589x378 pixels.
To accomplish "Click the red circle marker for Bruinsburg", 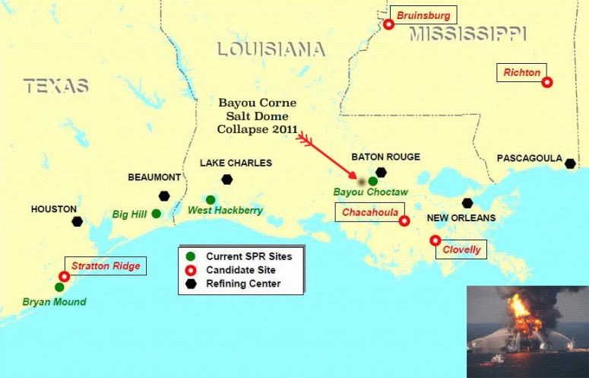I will pyautogui.click(x=388, y=24).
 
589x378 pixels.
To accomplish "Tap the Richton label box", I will pyautogui.click(x=521, y=73).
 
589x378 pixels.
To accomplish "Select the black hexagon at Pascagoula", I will pyautogui.click(x=570, y=164).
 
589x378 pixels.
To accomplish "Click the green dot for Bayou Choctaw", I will pyautogui.click(x=372, y=181).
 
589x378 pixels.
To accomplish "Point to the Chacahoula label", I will pyautogui.click(x=370, y=212).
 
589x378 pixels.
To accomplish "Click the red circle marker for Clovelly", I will pyautogui.click(x=435, y=240).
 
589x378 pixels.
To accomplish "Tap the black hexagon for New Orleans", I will pyautogui.click(x=467, y=203).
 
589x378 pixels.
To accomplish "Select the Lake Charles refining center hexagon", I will pyautogui.click(x=226, y=179).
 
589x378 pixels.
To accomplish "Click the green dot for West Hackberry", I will pyautogui.click(x=211, y=200).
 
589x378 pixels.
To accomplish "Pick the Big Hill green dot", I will pyautogui.click(x=156, y=214).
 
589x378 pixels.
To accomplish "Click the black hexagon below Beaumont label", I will pyautogui.click(x=164, y=195).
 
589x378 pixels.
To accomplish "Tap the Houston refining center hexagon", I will pyautogui.click(x=77, y=221).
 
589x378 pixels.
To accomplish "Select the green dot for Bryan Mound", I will pyautogui.click(x=59, y=287).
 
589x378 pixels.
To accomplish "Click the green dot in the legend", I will pyautogui.click(x=192, y=256).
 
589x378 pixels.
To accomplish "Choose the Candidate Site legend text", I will pyautogui.click(x=241, y=270).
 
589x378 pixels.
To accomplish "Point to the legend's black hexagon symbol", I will pyautogui.click(x=192, y=284).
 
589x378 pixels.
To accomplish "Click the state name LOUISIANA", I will pyautogui.click(x=271, y=50).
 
